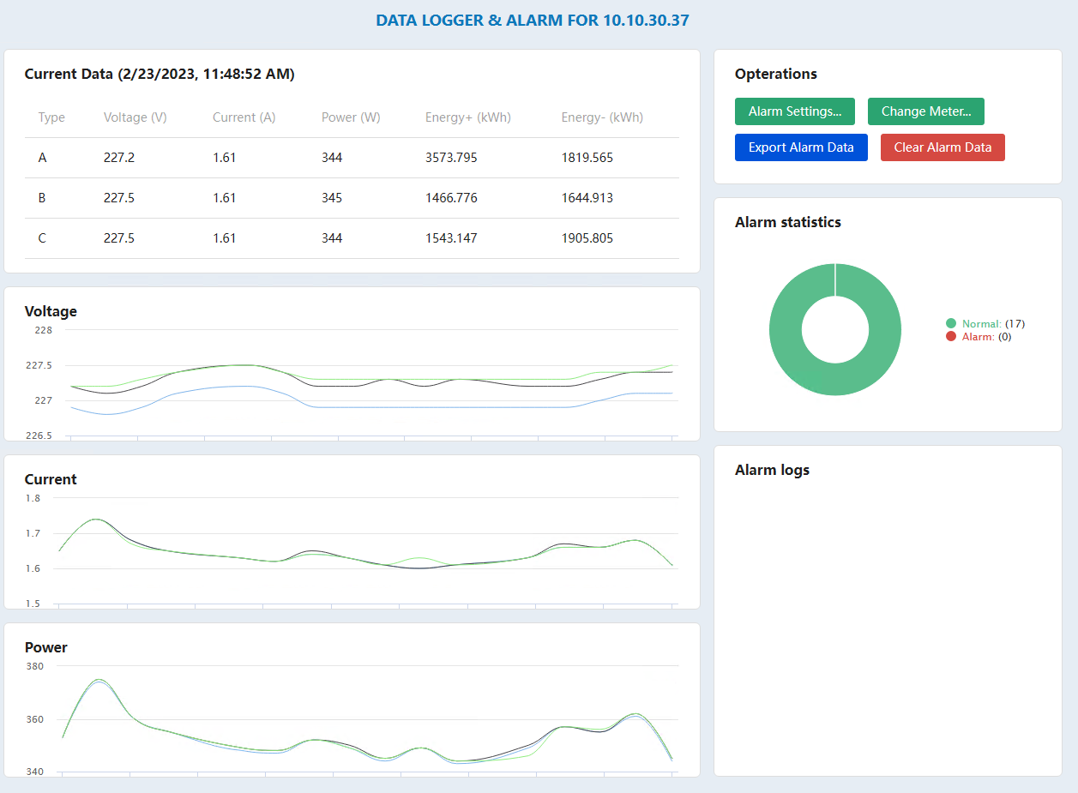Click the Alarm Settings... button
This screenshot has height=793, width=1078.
click(x=794, y=111)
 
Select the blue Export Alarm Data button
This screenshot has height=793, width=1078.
click(x=801, y=147)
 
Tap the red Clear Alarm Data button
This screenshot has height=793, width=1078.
click(x=942, y=147)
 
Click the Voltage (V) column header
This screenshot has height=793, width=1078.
click(x=135, y=117)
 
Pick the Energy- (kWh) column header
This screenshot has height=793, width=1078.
click(x=602, y=117)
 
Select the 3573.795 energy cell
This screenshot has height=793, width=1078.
click(x=451, y=158)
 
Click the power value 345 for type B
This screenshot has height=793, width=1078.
click(x=332, y=198)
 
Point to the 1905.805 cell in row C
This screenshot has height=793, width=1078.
click(x=587, y=238)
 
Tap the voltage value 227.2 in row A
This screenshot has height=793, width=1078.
click(x=119, y=158)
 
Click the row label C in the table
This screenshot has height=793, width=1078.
click(x=43, y=238)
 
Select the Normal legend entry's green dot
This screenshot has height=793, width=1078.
click(x=951, y=323)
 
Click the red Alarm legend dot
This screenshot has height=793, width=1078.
click(x=951, y=337)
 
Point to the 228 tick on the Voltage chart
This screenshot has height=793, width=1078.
click(x=44, y=330)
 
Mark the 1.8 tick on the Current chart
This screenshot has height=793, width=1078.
click(x=33, y=498)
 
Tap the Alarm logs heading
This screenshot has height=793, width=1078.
click(x=772, y=470)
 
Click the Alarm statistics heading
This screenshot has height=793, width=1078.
click(x=787, y=222)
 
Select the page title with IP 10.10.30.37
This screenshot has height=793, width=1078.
click(x=532, y=21)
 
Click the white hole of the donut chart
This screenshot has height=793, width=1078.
click(x=834, y=329)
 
